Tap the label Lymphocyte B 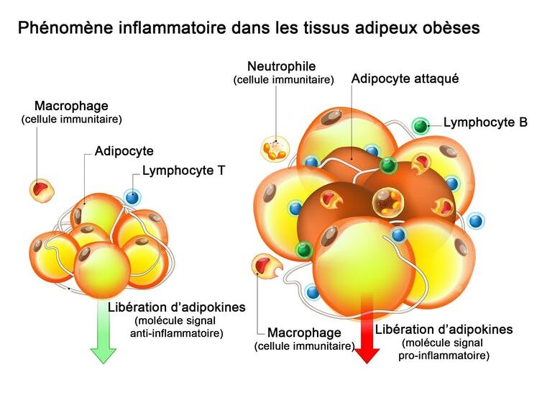point(485,122)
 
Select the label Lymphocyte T point(183,171)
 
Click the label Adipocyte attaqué point(405,78)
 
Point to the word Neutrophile point(282,66)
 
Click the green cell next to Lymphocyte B point(421,126)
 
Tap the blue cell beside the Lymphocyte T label point(132,198)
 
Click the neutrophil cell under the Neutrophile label point(275,148)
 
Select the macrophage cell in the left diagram point(42,190)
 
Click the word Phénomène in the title point(65,27)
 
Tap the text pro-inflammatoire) point(444,356)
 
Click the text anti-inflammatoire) point(177,333)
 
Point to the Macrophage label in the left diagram point(72,106)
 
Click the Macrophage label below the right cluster point(304,333)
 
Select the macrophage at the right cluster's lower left point(266,266)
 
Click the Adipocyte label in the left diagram point(124,151)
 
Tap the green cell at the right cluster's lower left point(304,250)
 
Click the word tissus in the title point(326,27)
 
